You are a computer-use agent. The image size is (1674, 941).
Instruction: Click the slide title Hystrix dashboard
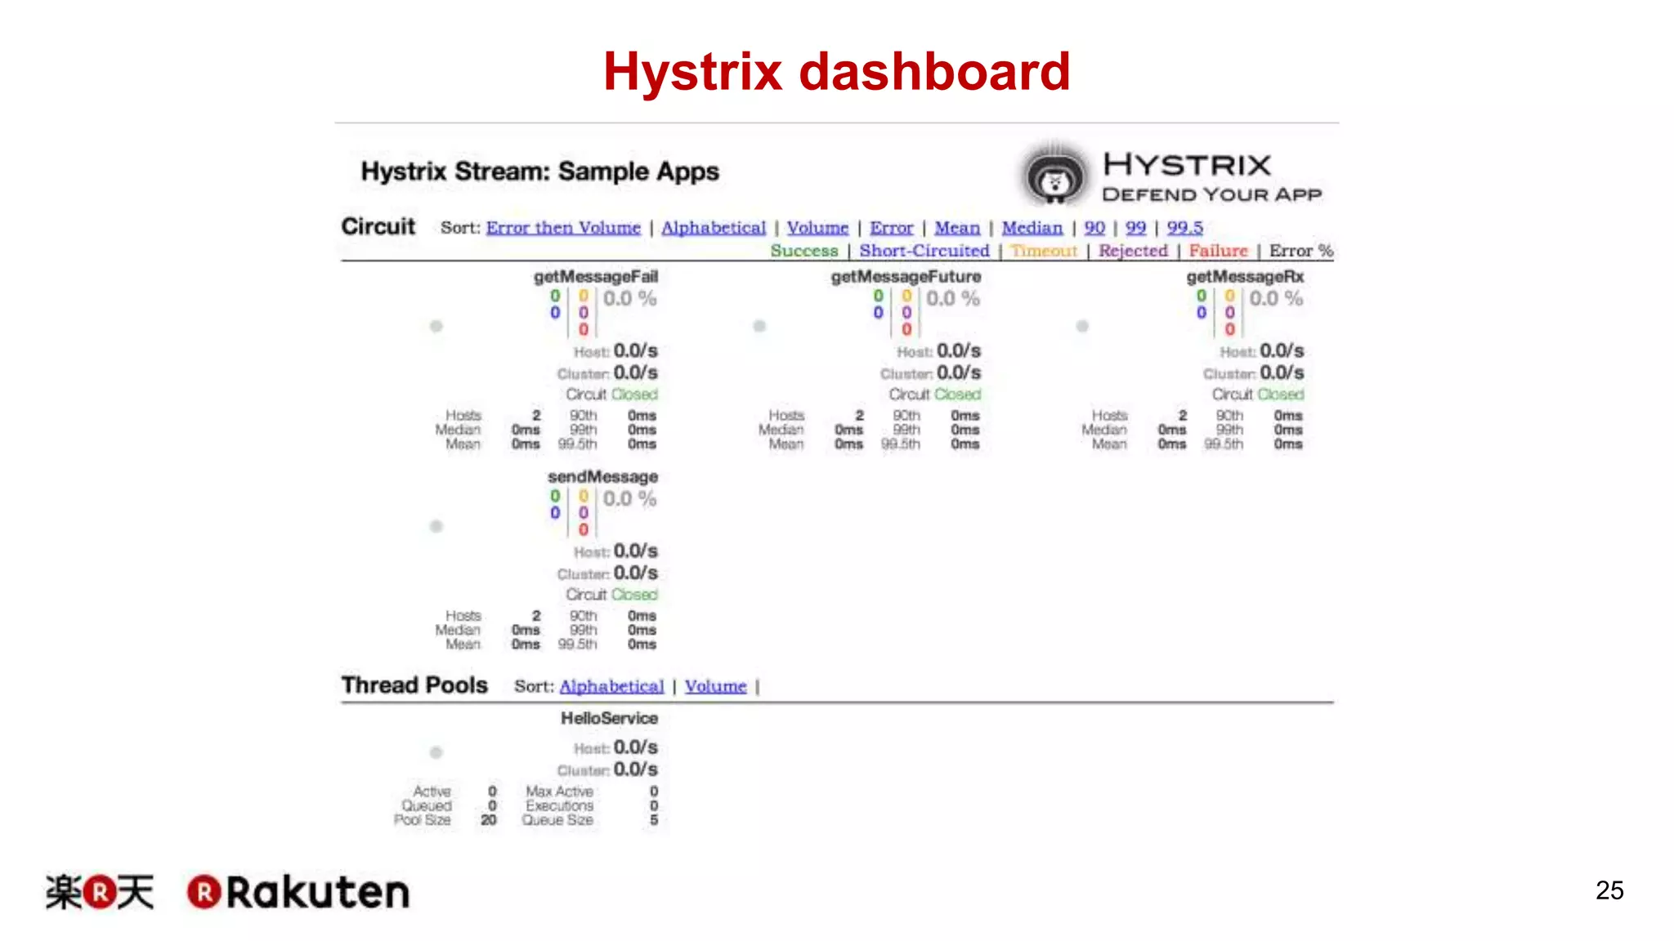[836, 71]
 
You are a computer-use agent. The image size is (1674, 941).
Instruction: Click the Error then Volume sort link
[563, 228]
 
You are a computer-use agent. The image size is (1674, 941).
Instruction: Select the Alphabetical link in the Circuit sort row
[714, 228]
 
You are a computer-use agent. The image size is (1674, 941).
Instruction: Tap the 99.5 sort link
[1184, 228]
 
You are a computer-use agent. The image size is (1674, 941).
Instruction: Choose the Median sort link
[1032, 228]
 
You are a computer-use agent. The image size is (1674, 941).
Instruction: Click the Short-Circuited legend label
[924, 251]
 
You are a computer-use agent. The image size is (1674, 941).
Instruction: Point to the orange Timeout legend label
[1044, 251]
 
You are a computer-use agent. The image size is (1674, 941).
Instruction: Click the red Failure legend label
[1218, 251]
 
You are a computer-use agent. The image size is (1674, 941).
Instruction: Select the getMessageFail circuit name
[595, 277]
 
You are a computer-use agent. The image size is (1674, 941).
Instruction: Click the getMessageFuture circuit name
[906, 277]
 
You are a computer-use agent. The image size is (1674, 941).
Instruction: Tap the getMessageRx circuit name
[1245, 277]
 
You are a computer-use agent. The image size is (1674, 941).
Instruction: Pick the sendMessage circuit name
[602, 476]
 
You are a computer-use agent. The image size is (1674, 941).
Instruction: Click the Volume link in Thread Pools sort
[715, 686]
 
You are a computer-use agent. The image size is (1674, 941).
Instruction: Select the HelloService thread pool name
[609, 718]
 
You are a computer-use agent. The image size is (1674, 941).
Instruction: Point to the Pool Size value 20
[488, 820]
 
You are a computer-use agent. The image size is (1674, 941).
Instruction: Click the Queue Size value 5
[654, 820]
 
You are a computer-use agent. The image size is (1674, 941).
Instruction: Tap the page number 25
[1609, 890]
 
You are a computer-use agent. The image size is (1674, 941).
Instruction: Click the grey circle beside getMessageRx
[1082, 326]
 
